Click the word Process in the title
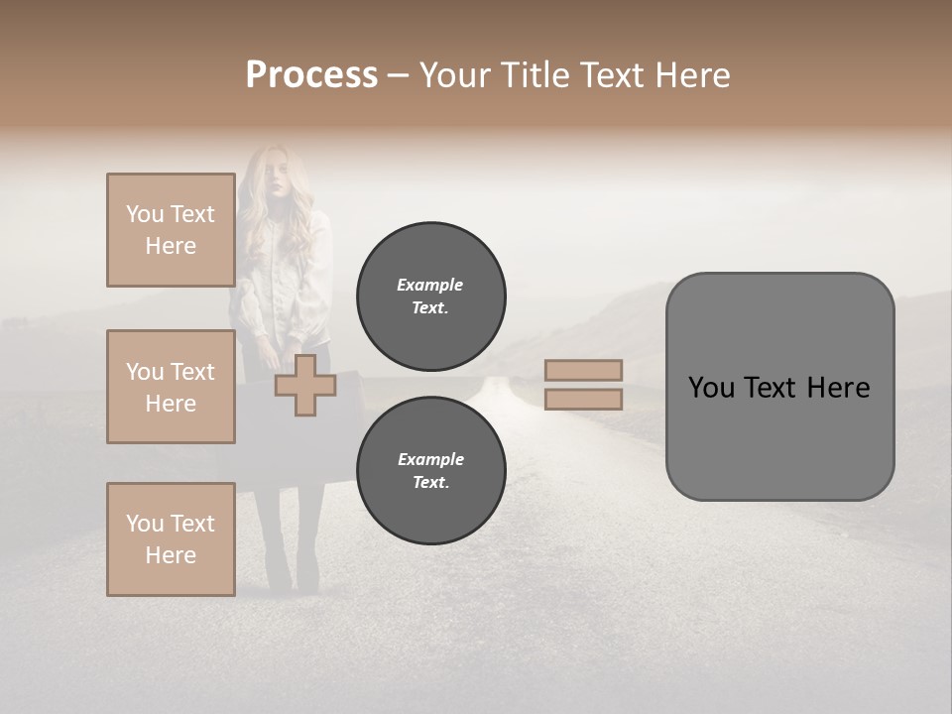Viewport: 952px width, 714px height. [311, 75]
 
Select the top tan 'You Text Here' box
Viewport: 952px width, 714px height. [171, 230]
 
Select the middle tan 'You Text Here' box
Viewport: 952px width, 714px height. [171, 387]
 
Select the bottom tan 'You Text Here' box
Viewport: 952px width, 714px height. [171, 539]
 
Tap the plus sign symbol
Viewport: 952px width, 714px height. [304, 386]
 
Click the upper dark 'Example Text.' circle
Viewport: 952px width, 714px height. [430, 297]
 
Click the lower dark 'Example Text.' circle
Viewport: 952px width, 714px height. [430, 471]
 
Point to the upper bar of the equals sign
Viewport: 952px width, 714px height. [583, 370]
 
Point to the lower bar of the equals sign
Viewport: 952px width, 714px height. [583, 400]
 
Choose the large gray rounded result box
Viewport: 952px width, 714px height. [779, 387]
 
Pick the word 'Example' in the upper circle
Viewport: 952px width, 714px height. [430, 286]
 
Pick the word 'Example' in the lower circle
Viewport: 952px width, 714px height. [430, 460]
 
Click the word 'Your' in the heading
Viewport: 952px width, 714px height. [457, 75]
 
